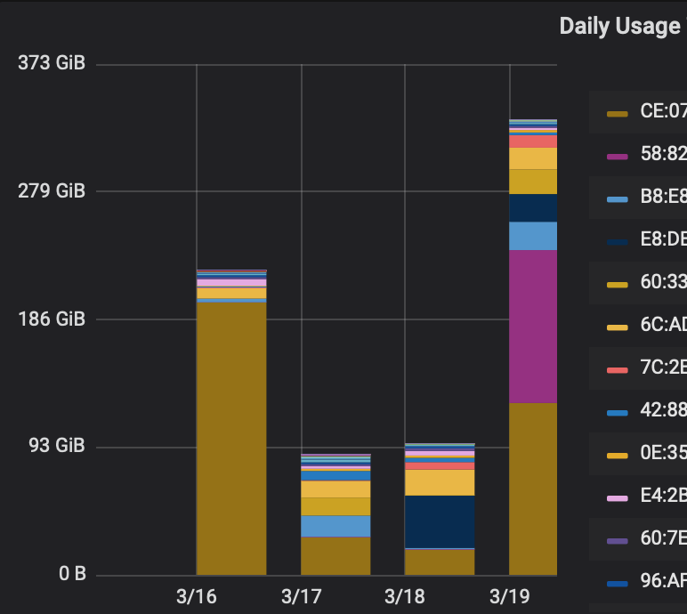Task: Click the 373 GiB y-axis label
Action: [51, 64]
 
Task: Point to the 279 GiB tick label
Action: [51, 191]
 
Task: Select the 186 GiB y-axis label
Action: [51, 319]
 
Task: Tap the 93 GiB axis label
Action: [55, 447]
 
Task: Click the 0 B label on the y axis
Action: [72, 574]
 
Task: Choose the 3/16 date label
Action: [197, 594]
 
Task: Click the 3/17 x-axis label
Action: [301, 594]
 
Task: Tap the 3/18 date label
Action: [405, 594]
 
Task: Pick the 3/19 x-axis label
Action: [509, 594]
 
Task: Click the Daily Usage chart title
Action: [619, 27]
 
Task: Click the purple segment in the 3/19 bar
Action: [532, 327]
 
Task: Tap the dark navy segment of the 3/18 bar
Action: [440, 521]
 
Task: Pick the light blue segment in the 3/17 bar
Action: [335, 526]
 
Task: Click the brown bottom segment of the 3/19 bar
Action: [532, 489]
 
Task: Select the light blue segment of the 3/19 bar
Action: [532, 236]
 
